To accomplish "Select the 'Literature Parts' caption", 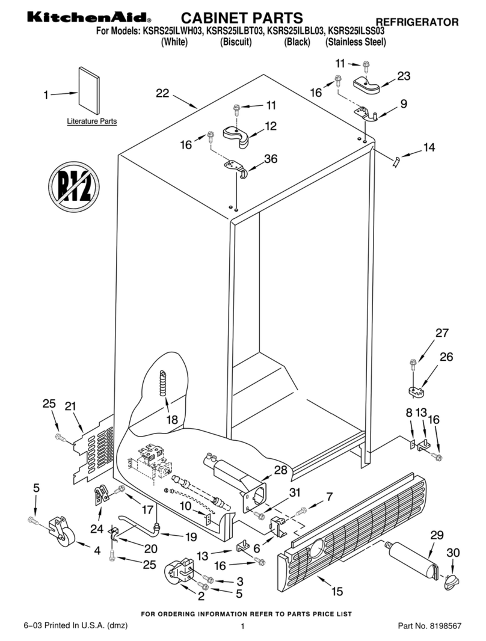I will click(x=91, y=121).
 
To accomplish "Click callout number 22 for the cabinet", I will click(x=162, y=93).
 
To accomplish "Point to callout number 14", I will click(x=429, y=147).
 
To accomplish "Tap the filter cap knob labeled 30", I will click(x=451, y=581).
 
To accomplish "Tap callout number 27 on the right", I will click(x=442, y=333).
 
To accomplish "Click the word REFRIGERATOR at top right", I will click(x=417, y=22).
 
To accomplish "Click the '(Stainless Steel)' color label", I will click(x=355, y=42).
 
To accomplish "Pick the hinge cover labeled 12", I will click(x=239, y=135).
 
